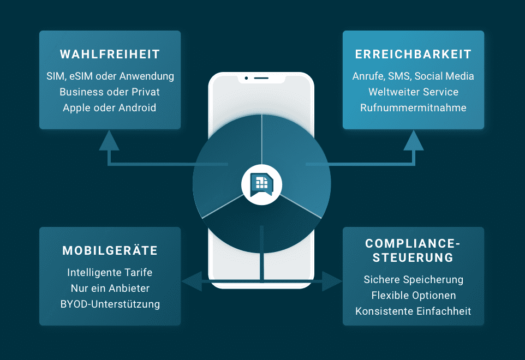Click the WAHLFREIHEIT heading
(110, 54)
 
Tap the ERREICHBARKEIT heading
(413, 54)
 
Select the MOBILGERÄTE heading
(110, 250)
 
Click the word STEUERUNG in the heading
(413, 257)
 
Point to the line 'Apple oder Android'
(110, 108)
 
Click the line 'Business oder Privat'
(110, 92)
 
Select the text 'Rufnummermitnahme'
(413, 108)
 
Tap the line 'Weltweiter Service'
(413, 92)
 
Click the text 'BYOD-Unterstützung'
(110, 304)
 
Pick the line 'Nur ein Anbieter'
(110, 288)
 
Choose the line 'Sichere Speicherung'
(414, 279)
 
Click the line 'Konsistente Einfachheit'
(413, 311)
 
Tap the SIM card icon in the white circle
(262, 184)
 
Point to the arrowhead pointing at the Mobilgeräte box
(192, 281)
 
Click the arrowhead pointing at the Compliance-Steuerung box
(332, 281)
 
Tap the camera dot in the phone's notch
(247, 79)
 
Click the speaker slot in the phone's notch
(261, 79)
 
